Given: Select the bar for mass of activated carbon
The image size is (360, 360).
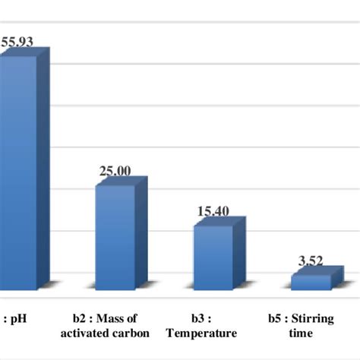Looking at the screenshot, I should pyautogui.click(x=114, y=235).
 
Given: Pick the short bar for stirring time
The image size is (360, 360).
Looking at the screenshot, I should pyautogui.click(x=311, y=282).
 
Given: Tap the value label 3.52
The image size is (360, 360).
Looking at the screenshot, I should pyautogui.click(x=310, y=261).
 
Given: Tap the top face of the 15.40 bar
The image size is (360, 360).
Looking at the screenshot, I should pyautogui.click(x=219, y=221).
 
